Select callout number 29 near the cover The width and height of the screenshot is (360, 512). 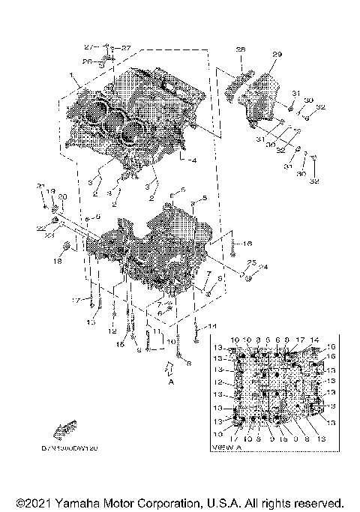click(x=277, y=55)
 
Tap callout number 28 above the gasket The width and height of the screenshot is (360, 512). click(x=241, y=49)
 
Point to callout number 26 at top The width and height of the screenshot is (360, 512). click(x=87, y=61)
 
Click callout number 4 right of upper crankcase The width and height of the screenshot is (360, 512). click(x=193, y=160)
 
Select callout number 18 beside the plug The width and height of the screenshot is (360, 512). click(x=56, y=261)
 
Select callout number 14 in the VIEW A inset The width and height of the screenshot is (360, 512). click(x=314, y=340)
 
